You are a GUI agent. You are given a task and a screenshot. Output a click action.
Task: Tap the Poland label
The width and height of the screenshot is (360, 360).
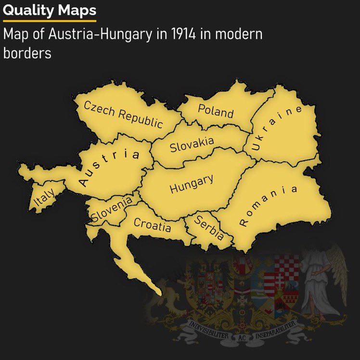[215, 111]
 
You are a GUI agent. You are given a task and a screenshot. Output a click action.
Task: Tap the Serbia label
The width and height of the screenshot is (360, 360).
[209, 228]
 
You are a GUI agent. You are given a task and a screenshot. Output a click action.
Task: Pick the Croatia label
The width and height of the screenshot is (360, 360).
[152, 225]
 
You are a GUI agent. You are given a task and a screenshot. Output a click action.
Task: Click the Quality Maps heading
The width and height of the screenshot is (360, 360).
[49, 10]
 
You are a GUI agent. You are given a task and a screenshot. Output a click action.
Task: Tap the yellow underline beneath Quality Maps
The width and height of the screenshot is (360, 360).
[49, 21]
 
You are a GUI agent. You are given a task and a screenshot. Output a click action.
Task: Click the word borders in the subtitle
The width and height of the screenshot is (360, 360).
[27, 52]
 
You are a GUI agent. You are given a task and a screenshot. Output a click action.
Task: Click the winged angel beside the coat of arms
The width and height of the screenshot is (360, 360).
[322, 279]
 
